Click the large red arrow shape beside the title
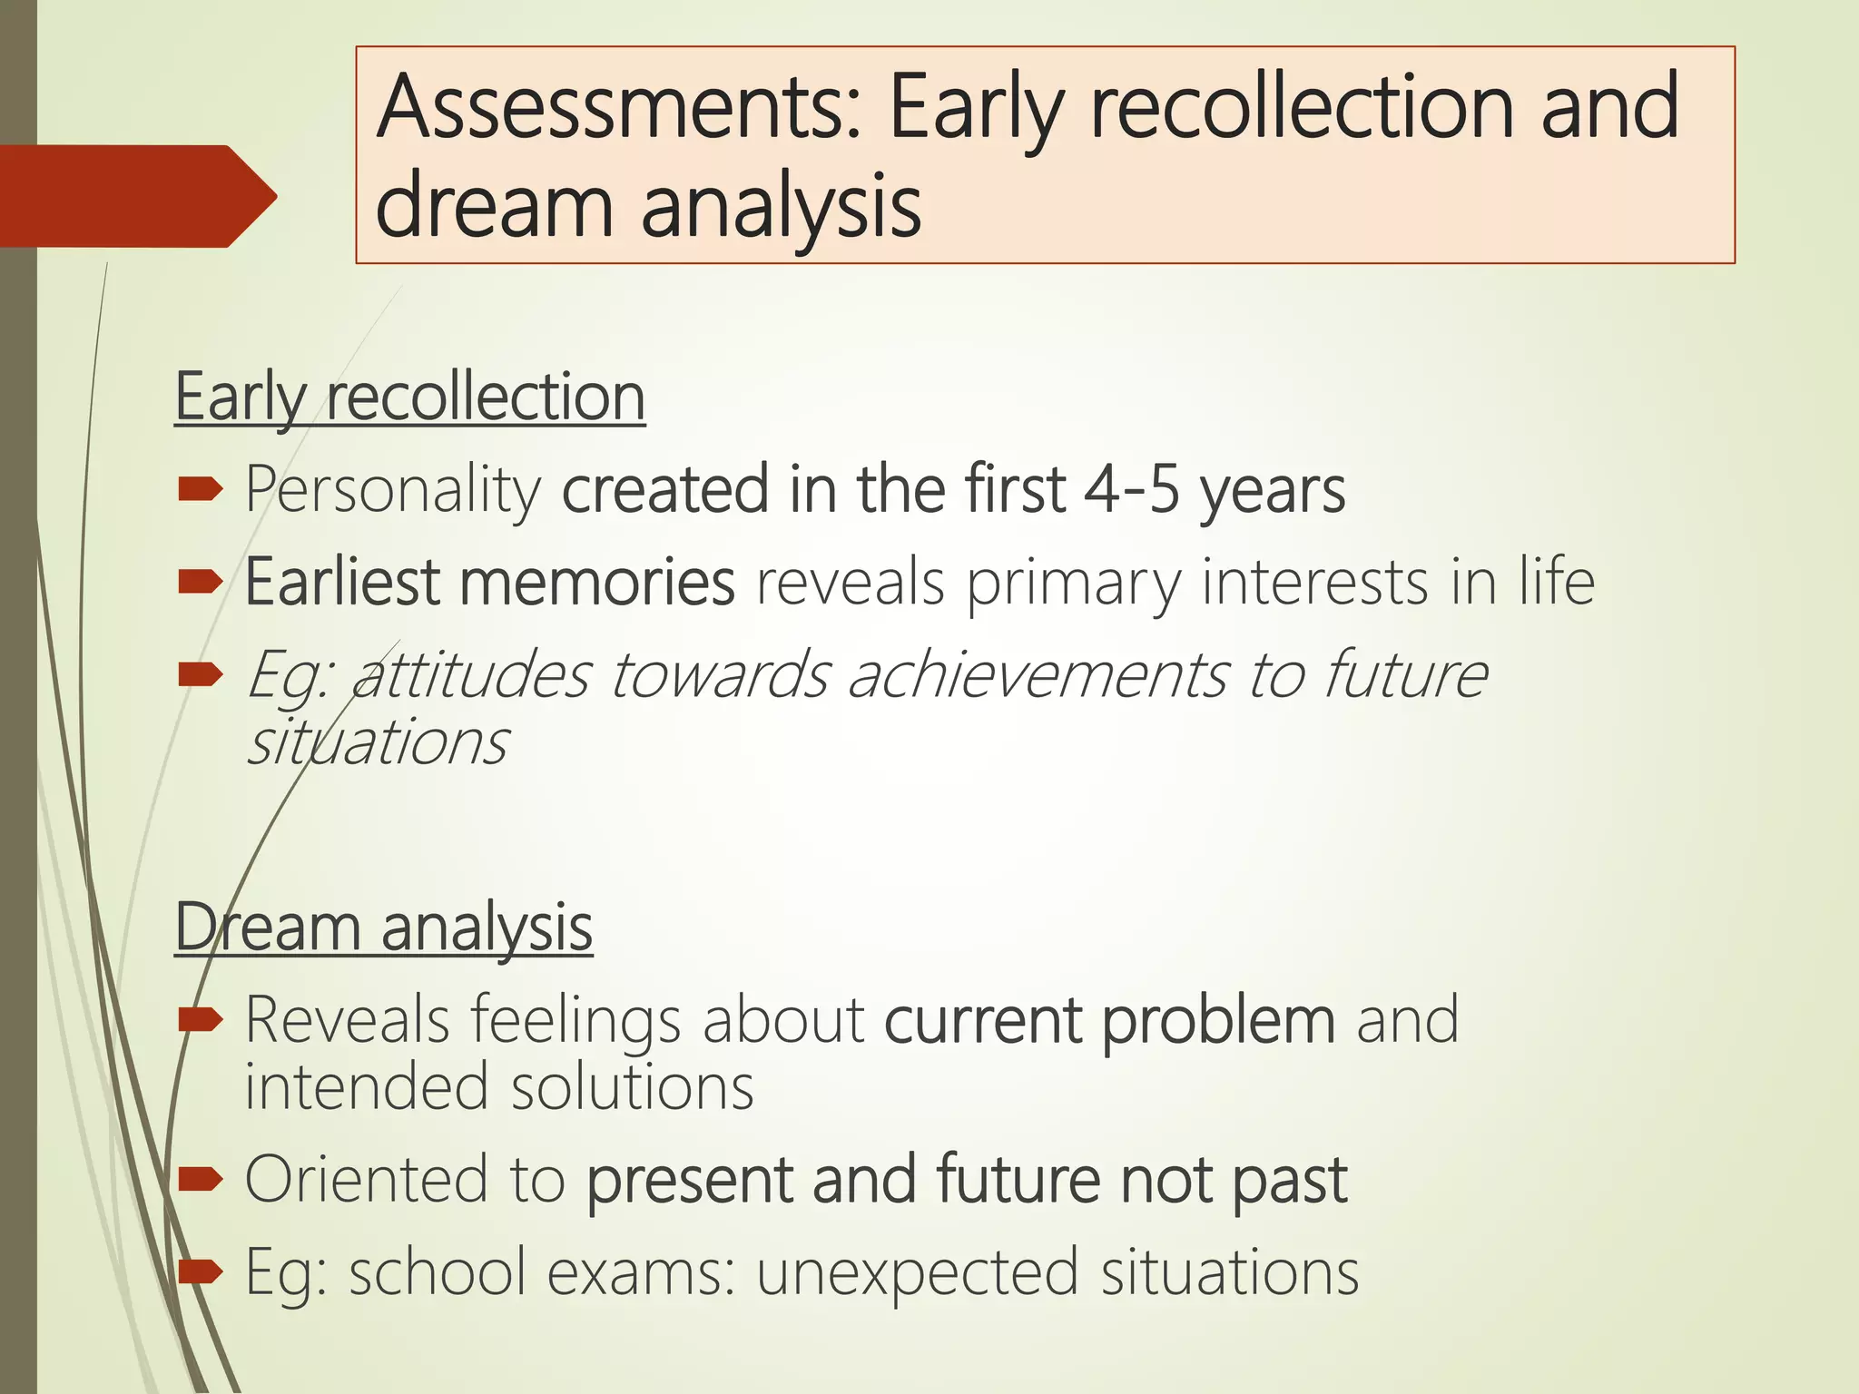coord(136,196)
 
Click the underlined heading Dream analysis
coord(383,928)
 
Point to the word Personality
coord(393,491)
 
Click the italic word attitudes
coord(471,676)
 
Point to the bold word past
coord(1289,1180)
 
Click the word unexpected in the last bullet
coord(918,1272)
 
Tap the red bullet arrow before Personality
coord(201,490)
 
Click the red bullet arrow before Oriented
coord(201,1179)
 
